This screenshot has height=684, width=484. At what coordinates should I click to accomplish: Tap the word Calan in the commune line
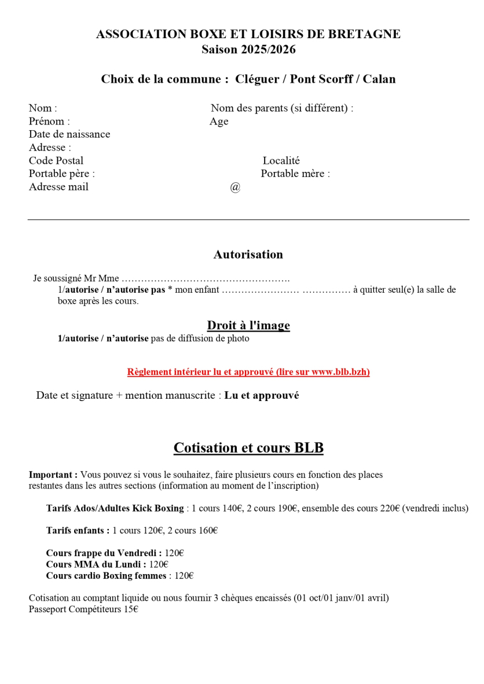[379, 79]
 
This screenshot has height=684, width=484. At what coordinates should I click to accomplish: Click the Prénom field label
[49, 122]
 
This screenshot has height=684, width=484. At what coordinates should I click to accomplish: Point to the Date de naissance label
[69, 134]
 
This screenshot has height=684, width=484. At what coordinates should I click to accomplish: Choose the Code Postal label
[56, 161]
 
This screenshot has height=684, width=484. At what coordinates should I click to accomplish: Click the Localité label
[281, 161]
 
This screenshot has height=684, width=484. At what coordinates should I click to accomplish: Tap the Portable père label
[62, 174]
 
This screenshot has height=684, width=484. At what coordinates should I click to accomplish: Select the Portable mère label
[295, 174]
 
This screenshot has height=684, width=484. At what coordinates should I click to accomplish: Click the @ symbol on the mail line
[235, 187]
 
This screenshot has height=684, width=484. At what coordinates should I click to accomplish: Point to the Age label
[219, 122]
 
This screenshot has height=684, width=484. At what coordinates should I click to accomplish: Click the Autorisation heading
[248, 255]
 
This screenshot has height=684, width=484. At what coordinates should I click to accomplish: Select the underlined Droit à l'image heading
[248, 326]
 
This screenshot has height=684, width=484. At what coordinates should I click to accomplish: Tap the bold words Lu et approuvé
[262, 396]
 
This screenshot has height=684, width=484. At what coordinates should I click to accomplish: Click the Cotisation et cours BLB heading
[248, 448]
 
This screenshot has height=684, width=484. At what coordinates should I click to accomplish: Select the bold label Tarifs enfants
[78, 531]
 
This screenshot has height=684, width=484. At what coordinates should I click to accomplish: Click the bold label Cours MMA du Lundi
[96, 564]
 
